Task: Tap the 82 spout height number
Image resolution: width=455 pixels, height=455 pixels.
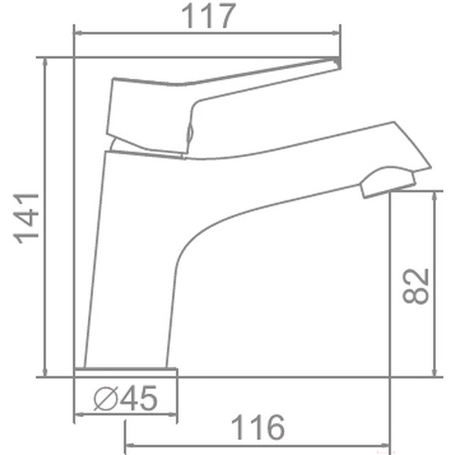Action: [416, 286]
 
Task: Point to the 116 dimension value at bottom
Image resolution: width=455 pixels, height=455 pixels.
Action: [259, 428]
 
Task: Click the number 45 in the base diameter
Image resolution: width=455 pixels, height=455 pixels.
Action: [139, 398]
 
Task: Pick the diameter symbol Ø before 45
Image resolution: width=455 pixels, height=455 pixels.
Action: [105, 398]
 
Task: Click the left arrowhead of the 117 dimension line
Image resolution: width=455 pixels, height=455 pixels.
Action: [77, 33]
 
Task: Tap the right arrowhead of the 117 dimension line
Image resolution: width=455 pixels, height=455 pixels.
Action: [337, 33]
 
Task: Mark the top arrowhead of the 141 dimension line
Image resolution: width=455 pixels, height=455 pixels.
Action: [45, 61]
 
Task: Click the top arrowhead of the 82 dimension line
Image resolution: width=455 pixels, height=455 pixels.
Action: [435, 195]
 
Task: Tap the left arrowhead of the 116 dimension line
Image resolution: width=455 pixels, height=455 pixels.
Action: [129, 443]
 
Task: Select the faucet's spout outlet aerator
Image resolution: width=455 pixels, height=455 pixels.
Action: [387, 182]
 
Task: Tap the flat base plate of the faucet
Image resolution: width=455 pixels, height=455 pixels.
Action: [126, 371]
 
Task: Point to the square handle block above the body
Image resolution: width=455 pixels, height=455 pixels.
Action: [148, 114]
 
